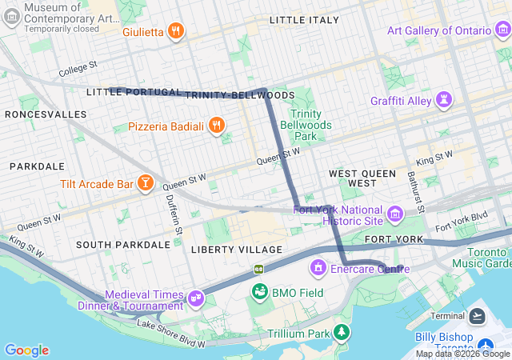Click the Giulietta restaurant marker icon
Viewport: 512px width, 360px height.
click(177, 32)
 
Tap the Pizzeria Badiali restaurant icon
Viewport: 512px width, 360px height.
click(216, 126)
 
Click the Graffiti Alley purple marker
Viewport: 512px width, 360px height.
click(443, 101)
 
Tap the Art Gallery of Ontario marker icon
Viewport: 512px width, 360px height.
click(501, 30)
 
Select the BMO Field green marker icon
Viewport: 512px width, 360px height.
click(259, 292)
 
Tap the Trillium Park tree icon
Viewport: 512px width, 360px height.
click(342, 332)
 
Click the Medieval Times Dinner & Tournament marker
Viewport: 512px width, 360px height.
click(195, 298)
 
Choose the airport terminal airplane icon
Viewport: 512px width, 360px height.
click(478, 316)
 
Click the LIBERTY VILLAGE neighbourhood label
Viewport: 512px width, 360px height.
click(237, 250)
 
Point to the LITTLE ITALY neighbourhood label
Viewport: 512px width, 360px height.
click(304, 19)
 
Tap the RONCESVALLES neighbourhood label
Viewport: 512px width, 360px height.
click(46, 114)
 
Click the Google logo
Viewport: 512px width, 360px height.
click(26, 350)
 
